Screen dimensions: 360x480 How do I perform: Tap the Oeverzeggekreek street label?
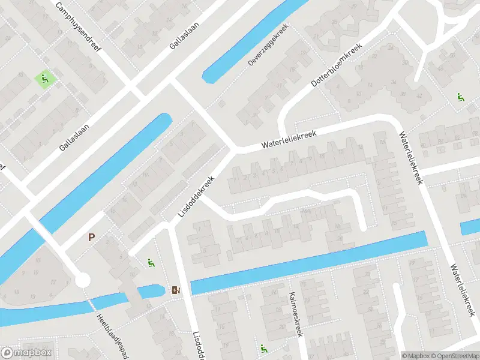point(268,45)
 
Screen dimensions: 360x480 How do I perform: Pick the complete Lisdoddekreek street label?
point(196,197)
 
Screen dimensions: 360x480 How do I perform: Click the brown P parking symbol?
point(92,237)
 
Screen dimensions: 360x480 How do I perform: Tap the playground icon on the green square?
point(44,79)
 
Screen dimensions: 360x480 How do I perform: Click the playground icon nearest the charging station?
point(150,262)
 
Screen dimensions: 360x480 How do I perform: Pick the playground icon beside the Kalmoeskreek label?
point(263,348)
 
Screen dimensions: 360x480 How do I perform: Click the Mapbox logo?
point(27,353)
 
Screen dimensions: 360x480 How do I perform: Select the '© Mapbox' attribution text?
point(416,355)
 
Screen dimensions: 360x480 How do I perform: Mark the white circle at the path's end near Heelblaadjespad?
point(82,279)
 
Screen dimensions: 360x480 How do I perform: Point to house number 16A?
point(307,211)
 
